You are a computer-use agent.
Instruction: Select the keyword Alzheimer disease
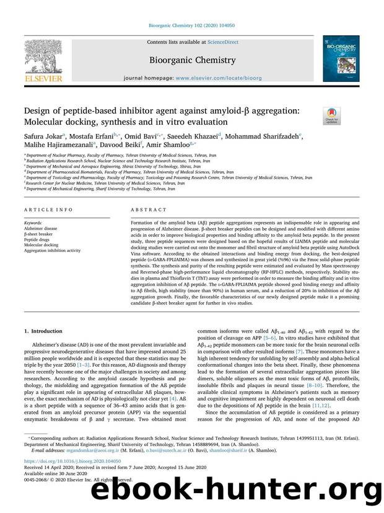pyautogui.click(x=41, y=227)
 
